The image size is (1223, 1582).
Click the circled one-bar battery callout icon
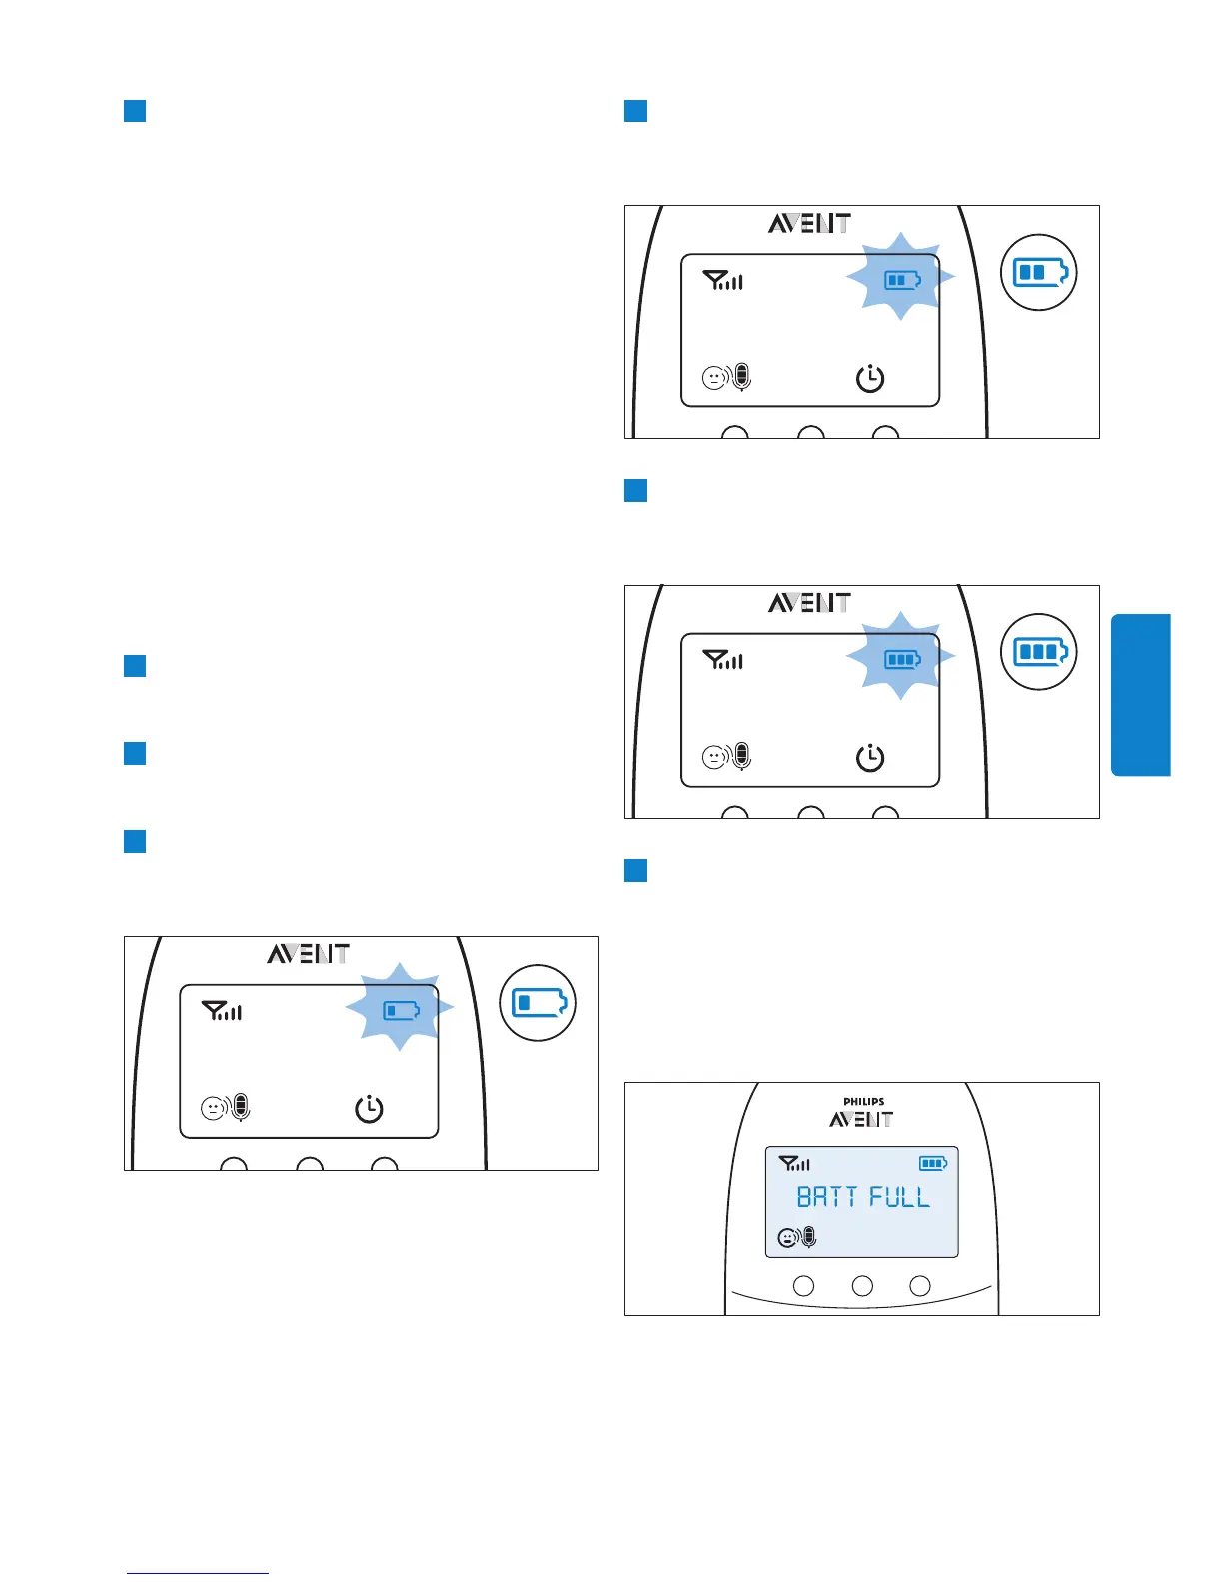(x=538, y=1003)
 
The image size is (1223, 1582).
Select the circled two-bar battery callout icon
(x=1039, y=272)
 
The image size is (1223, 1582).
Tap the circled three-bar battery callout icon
(x=1039, y=652)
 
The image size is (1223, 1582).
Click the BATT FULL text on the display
(x=863, y=1196)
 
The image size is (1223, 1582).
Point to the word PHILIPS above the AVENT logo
(x=863, y=1102)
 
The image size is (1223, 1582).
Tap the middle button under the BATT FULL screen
(x=862, y=1286)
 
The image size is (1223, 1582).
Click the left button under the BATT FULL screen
(x=803, y=1286)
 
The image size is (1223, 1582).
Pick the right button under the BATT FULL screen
(x=920, y=1286)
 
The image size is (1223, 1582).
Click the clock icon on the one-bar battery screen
(x=370, y=1109)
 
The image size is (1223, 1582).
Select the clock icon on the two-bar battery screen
(x=870, y=379)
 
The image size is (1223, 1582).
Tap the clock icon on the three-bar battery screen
(x=870, y=758)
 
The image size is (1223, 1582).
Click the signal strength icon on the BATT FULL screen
(x=794, y=1163)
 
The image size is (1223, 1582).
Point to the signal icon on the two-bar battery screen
(x=722, y=281)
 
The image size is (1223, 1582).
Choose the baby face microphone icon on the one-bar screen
(x=225, y=1108)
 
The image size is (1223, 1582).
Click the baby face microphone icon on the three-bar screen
(x=726, y=757)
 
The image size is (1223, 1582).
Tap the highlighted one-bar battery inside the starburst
(x=401, y=1011)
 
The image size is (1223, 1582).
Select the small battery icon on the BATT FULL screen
(x=933, y=1163)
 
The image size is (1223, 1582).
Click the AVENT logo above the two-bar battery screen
(x=809, y=223)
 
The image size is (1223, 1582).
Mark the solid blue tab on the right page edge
(x=1140, y=695)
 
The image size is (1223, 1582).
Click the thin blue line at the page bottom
(x=198, y=1573)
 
